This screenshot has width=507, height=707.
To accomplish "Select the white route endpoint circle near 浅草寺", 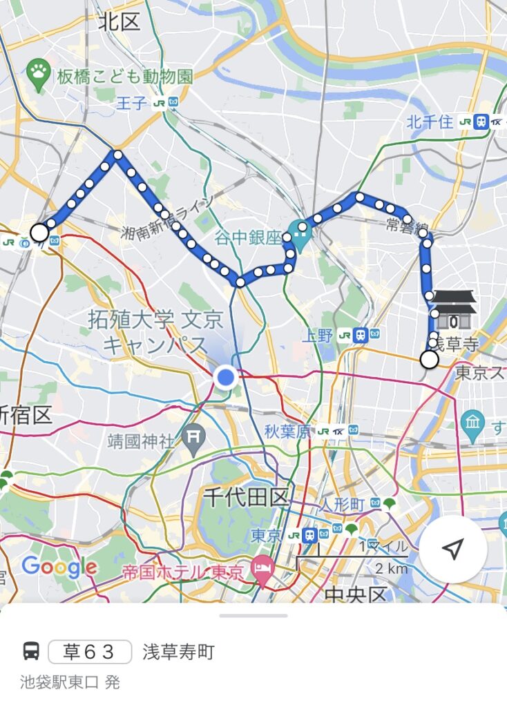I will pyautogui.click(x=429, y=359).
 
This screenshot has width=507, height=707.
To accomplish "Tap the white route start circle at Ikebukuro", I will pyautogui.click(x=40, y=233).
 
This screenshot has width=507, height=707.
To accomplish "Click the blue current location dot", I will pyautogui.click(x=225, y=377).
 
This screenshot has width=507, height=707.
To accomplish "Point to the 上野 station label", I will pyautogui.click(x=318, y=336).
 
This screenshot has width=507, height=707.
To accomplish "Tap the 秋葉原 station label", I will pyautogui.click(x=287, y=432).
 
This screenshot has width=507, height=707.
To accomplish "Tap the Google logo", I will pyautogui.click(x=59, y=567).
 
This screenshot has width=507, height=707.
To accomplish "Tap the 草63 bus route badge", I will pyautogui.click(x=90, y=652).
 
